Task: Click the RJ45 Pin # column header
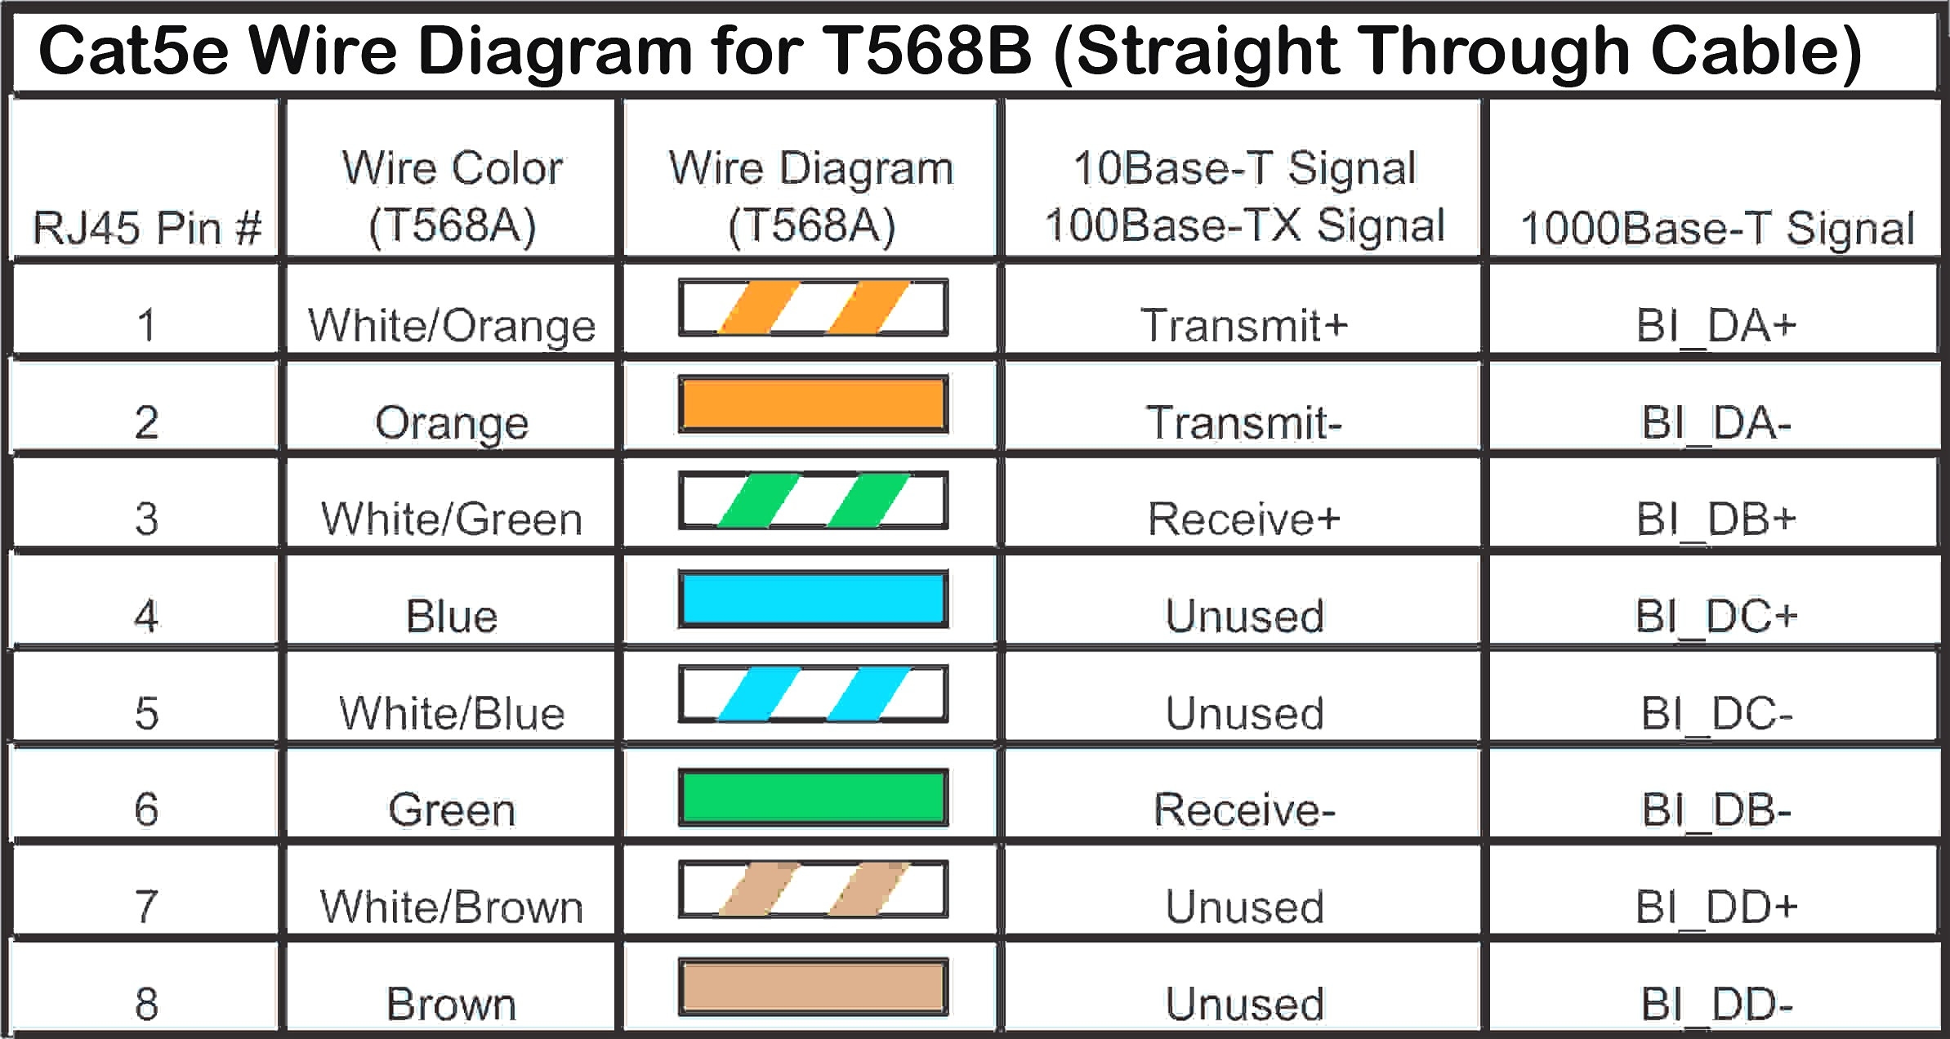click(147, 227)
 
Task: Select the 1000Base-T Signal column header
click(1716, 228)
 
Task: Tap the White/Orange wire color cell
click(452, 325)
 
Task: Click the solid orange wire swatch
click(813, 404)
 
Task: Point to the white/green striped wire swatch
click(813, 501)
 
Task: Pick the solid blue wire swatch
click(813, 599)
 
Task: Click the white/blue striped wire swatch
click(813, 694)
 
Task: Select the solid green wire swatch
click(813, 797)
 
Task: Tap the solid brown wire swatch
click(813, 987)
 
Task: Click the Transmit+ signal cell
click(1243, 325)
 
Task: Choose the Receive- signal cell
click(1243, 809)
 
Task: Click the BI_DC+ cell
click(1716, 616)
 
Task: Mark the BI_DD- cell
click(1716, 1004)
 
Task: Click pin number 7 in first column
click(146, 907)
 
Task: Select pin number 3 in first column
click(146, 519)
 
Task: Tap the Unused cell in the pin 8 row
click(1243, 1004)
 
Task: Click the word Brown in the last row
click(452, 1004)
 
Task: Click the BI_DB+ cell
click(1716, 519)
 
